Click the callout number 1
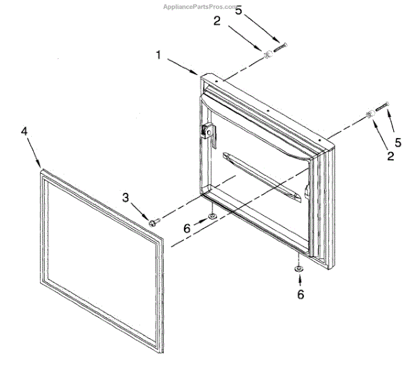pos(160,56)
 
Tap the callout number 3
pos(126,197)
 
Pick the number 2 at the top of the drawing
pos(217,21)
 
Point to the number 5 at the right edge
pos(398,142)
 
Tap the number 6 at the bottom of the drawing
pos(301,294)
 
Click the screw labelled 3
pos(154,220)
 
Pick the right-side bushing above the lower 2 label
pos(371,113)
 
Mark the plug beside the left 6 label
pos(212,216)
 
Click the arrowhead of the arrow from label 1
pos(196,73)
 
